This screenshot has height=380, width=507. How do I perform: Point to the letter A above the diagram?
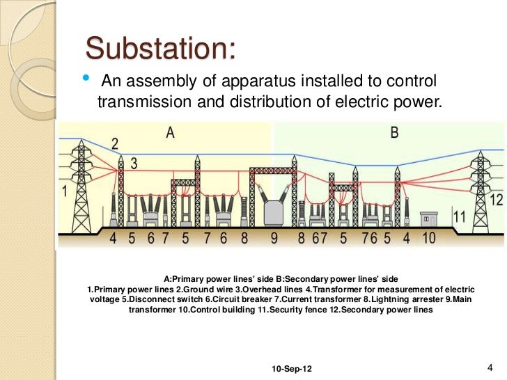[170, 133]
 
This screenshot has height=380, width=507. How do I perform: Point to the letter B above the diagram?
[394, 133]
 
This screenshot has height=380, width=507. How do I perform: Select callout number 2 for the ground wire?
[115, 144]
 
